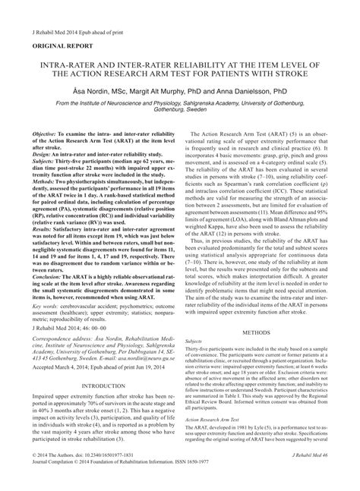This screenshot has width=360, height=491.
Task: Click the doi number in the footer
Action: coord(118,474)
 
